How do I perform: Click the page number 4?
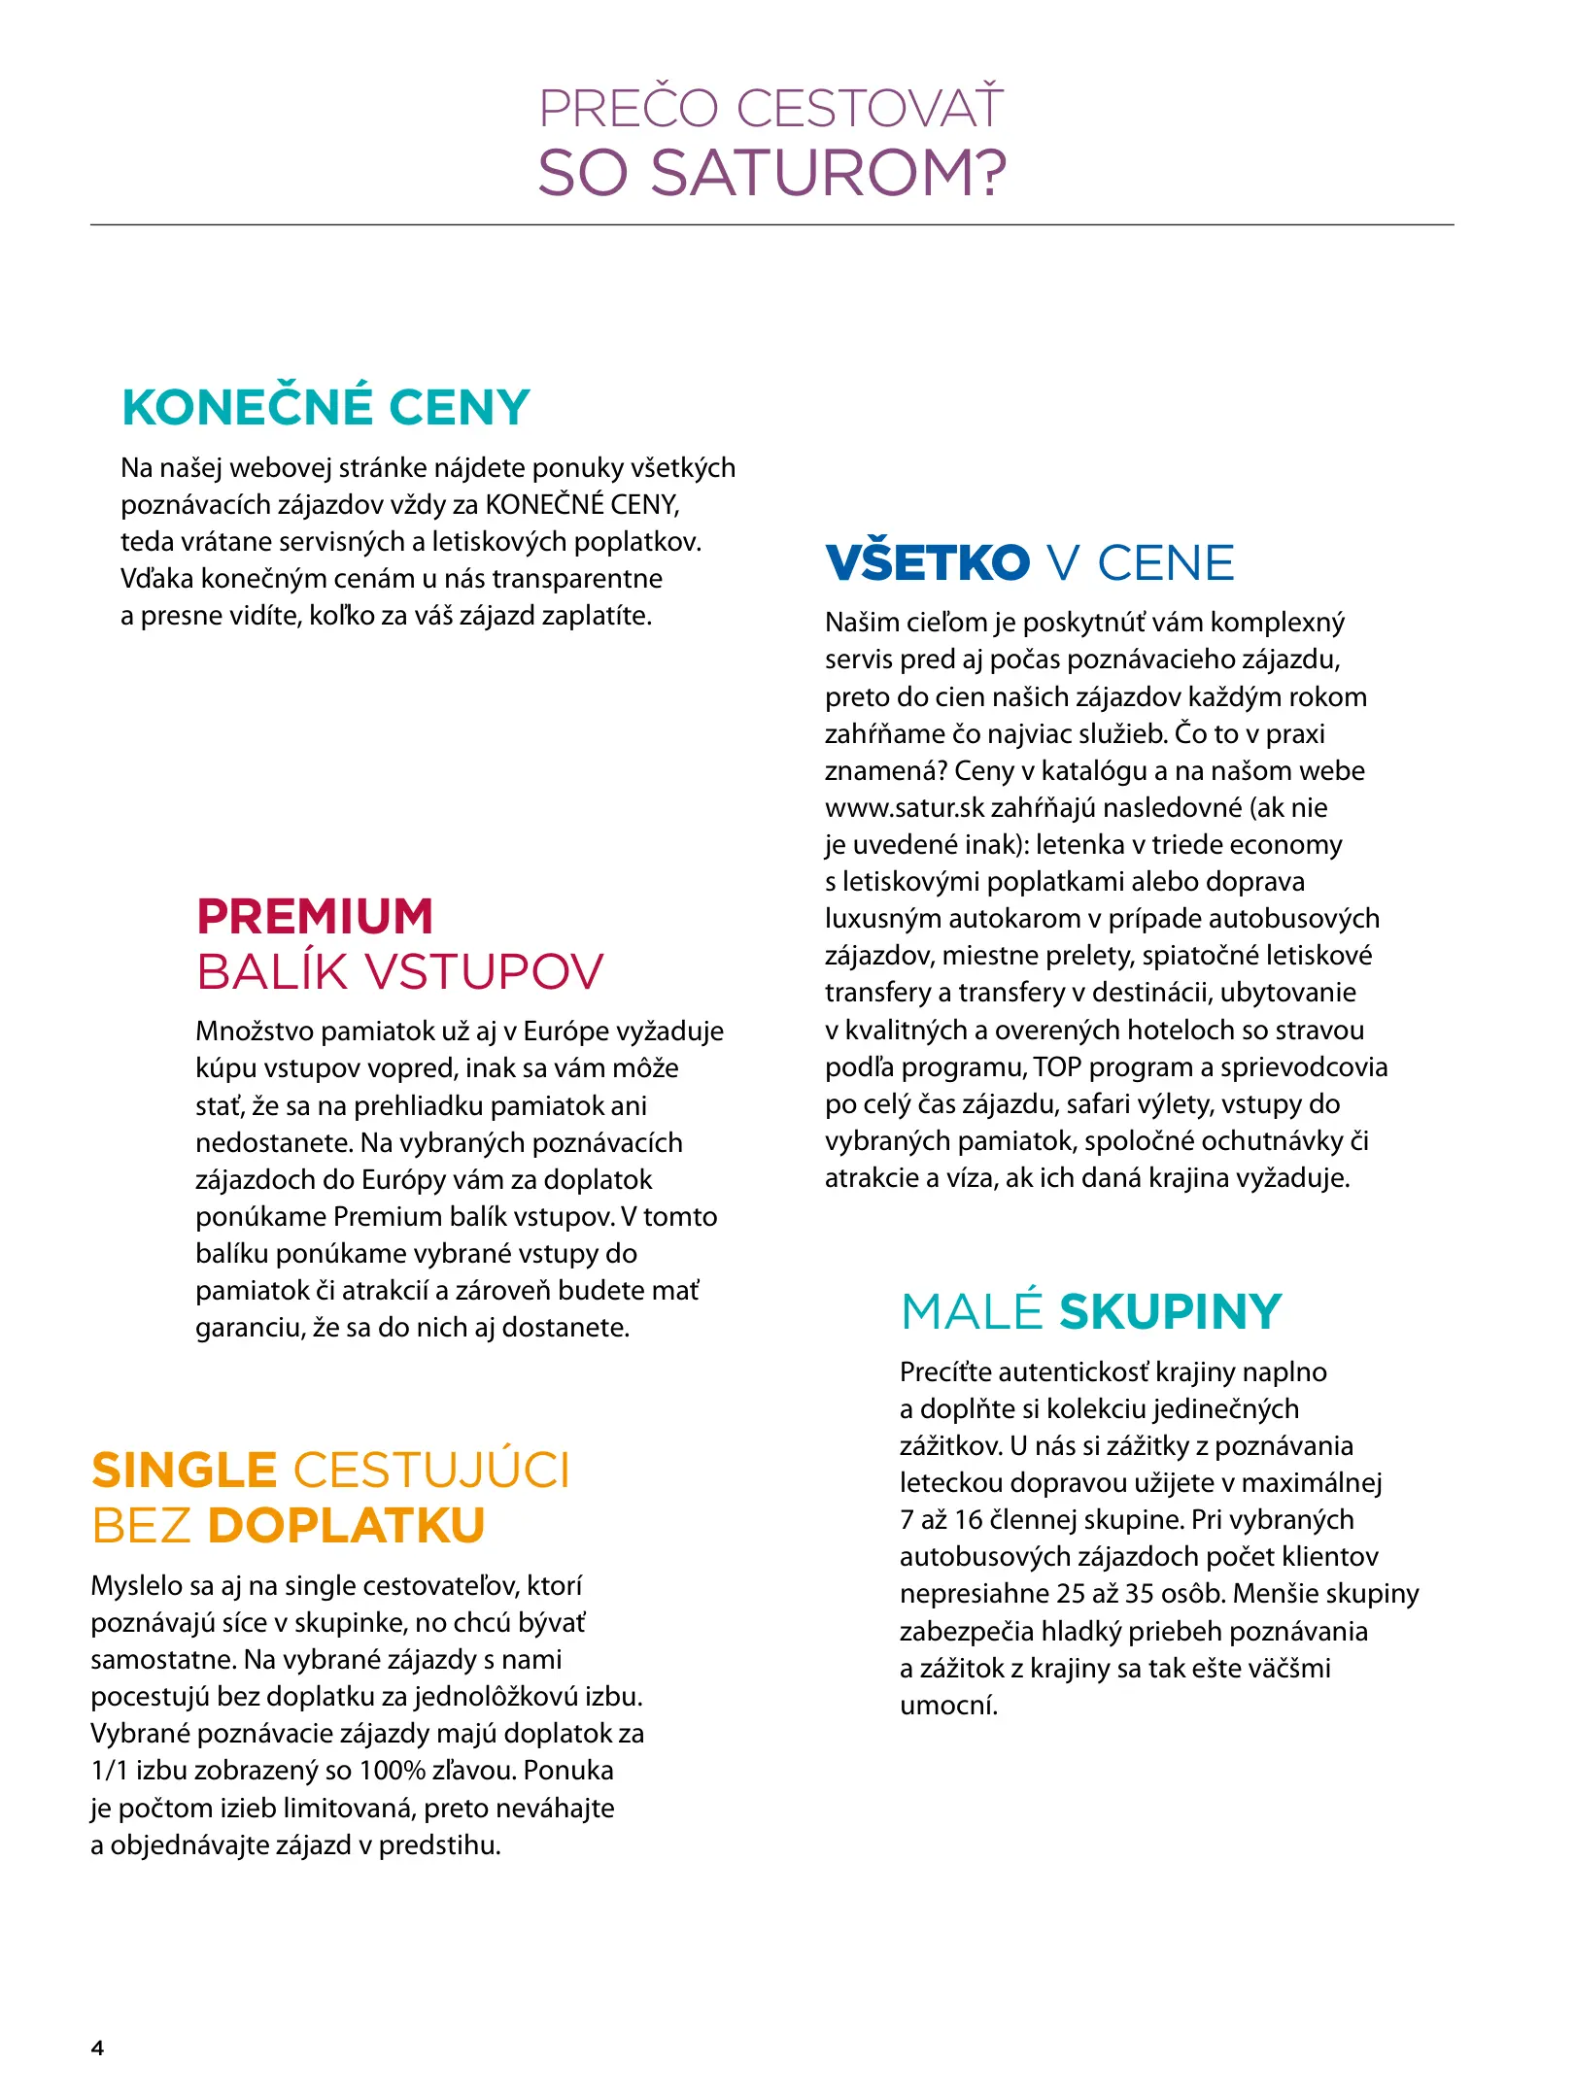(x=97, y=2048)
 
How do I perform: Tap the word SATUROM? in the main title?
(x=829, y=174)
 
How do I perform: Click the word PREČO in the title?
(x=628, y=108)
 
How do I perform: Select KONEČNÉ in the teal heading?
(x=248, y=407)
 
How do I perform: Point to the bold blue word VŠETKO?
(x=927, y=563)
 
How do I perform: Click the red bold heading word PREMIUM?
(x=315, y=916)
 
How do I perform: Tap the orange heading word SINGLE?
(x=185, y=1471)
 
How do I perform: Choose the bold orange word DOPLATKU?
(x=346, y=1526)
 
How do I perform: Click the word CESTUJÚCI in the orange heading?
(x=431, y=1471)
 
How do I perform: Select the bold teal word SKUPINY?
(x=1171, y=1312)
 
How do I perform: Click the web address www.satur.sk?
(x=904, y=808)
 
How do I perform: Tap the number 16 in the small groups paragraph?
(x=969, y=1520)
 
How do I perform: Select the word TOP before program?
(x=1057, y=1067)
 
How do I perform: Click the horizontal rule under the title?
(x=771, y=225)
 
